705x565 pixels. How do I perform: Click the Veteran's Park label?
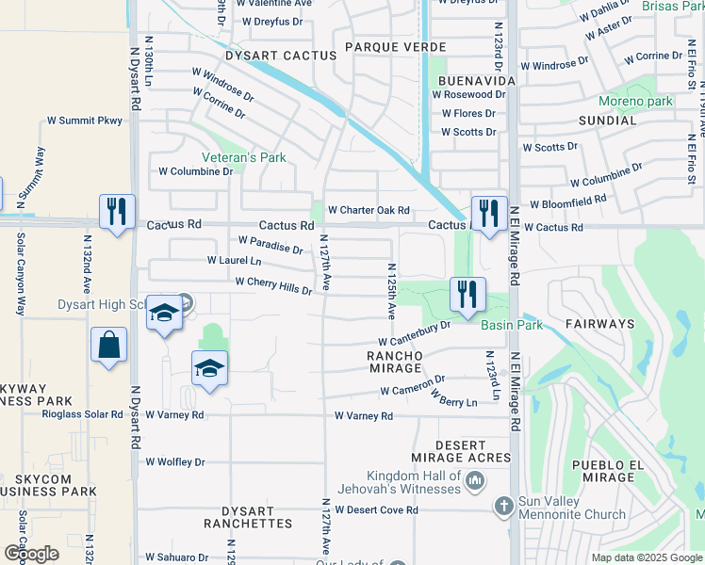pos(243,157)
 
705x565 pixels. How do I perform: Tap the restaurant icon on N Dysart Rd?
pos(117,211)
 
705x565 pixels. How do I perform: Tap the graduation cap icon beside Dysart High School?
pos(164,314)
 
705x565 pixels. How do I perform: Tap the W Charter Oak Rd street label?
pos(369,210)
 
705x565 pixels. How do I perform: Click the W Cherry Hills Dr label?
pos(273,284)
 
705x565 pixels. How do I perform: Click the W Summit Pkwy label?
pos(85,121)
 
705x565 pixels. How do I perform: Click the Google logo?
pos(31,553)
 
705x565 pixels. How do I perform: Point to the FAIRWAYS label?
pos(600,323)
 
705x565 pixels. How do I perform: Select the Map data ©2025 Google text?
pos(646,557)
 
